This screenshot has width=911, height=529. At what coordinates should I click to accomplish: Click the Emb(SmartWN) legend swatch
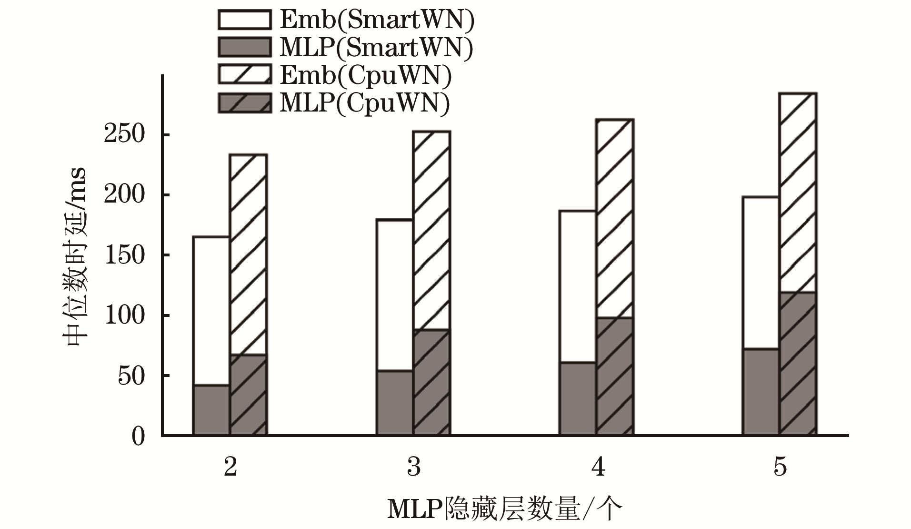pyautogui.click(x=244, y=20)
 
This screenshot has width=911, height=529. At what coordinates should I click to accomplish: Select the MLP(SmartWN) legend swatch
pyautogui.click(x=244, y=47)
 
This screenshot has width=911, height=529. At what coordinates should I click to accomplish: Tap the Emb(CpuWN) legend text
pyautogui.click(x=365, y=75)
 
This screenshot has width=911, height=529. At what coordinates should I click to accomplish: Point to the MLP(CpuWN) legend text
pyautogui.click(x=364, y=103)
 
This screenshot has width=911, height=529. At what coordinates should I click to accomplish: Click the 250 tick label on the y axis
pyautogui.click(x=124, y=135)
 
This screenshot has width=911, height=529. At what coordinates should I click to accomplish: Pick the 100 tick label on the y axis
pyautogui.click(x=124, y=315)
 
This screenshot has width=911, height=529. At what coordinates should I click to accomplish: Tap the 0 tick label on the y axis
pyautogui.click(x=138, y=436)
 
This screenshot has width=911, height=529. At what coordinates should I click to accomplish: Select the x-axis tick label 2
pyautogui.click(x=230, y=467)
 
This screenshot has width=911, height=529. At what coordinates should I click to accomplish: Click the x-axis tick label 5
pyautogui.click(x=780, y=467)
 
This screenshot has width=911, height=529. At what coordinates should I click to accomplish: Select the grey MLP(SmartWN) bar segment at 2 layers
pyautogui.click(x=211, y=410)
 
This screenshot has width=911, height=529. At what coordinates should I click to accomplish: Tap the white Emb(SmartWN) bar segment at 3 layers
pyautogui.click(x=394, y=295)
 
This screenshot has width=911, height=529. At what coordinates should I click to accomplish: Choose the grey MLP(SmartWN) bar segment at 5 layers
pyautogui.click(x=761, y=392)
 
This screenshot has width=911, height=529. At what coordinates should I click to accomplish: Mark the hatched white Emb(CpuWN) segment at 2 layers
pyautogui.click(x=249, y=254)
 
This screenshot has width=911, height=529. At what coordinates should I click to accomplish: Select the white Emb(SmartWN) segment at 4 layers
pyautogui.click(x=577, y=286)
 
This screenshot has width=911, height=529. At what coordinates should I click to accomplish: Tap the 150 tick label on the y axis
pyautogui.click(x=124, y=255)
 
